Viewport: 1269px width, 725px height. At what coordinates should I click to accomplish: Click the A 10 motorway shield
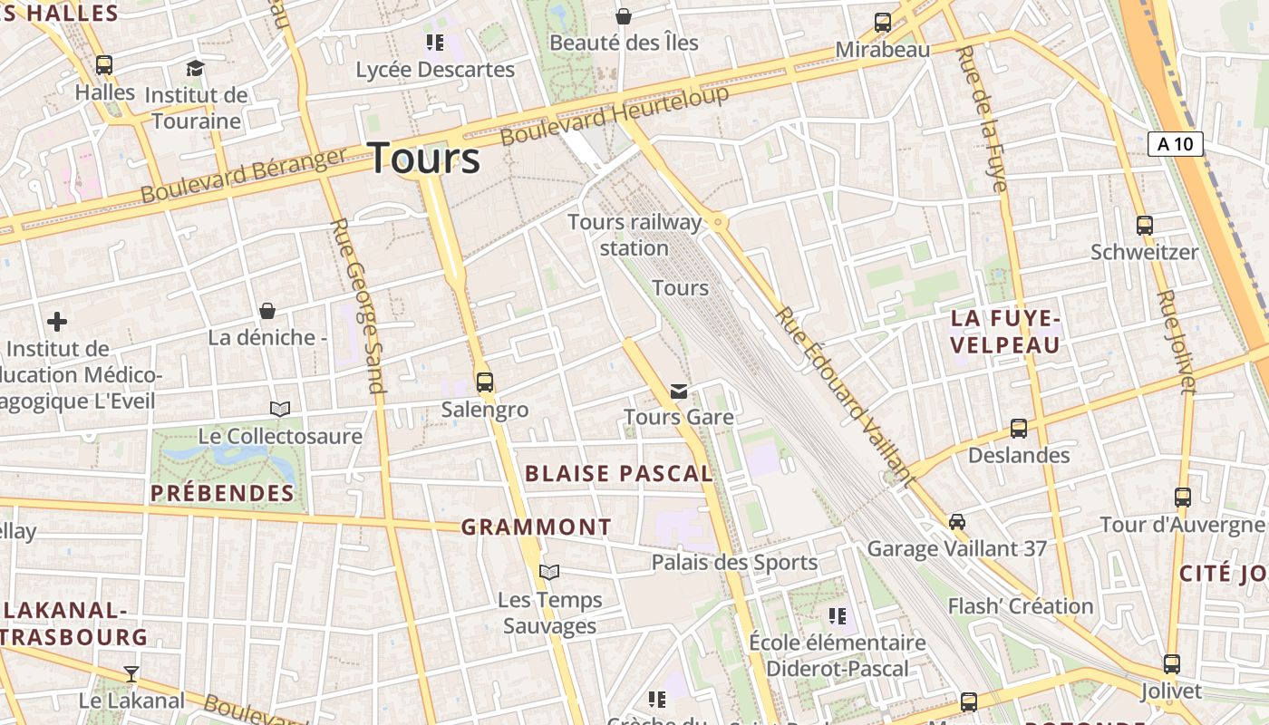pyautogui.click(x=1175, y=144)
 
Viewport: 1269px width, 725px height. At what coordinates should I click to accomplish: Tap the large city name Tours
pyautogui.click(x=424, y=158)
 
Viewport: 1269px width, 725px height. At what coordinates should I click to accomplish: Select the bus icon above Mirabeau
pyautogui.click(x=882, y=23)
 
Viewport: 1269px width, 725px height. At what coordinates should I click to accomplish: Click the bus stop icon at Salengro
pyautogui.click(x=485, y=382)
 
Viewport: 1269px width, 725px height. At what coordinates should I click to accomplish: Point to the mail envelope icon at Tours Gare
pyautogui.click(x=678, y=391)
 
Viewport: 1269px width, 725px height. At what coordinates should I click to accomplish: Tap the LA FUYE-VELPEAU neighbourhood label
pyautogui.click(x=1004, y=332)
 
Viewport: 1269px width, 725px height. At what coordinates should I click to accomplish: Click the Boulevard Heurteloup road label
pyautogui.click(x=615, y=116)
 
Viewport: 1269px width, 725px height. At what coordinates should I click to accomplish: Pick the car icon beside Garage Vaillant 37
pyautogui.click(x=956, y=522)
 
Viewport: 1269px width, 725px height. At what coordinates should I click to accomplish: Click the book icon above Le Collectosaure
pyautogui.click(x=280, y=409)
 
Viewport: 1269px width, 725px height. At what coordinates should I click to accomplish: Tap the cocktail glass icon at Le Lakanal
pyautogui.click(x=131, y=673)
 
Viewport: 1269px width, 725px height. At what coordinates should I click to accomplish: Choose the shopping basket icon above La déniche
pyautogui.click(x=267, y=311)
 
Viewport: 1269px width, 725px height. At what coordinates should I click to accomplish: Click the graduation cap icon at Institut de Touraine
pyautogui.click(x=195, y=68)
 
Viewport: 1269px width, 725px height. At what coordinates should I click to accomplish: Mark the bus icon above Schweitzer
pyautogui.click(x=1144, y=225)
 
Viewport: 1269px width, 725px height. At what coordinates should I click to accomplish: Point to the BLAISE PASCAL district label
pyautogui.click(x=619, y=473)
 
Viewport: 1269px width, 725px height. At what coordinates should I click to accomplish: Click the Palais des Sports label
pyautogui.click(x=734, y=563)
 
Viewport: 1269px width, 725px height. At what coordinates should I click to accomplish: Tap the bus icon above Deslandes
pyautogui.click(x=1019, y=428)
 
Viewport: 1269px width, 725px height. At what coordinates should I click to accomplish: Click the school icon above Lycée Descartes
pyautogui.click(x=434, y=42)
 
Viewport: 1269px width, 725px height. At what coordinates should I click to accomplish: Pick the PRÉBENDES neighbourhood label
pyautogui.click(x=222, y=494)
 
